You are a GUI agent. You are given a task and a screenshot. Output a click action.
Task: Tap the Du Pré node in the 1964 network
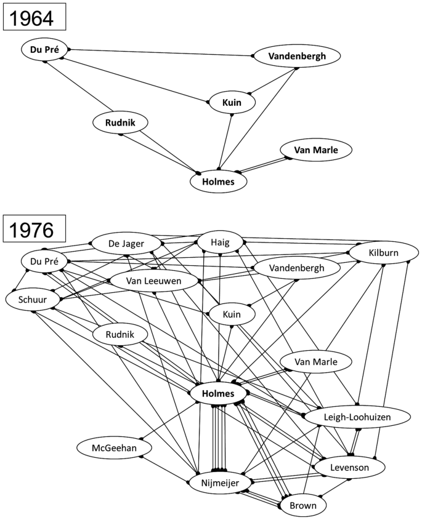pyautogui.click(x=44, y=50)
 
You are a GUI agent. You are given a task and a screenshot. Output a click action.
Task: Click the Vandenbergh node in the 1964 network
pyautogui.click(x=297, y=57)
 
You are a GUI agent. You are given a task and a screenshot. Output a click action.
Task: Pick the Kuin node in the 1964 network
pyautogui.click(x=231, y=102)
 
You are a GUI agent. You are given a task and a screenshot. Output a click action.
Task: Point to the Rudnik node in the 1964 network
pyautogui.click(x=121, y=123)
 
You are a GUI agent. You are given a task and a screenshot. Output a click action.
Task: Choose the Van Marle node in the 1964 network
pyautogui.click(x=317, y=150)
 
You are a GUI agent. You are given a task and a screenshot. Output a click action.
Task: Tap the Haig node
pyautogui.click(x=220, y=242)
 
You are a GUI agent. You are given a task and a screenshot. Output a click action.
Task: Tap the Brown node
pyautogui.click(x=303, y=505)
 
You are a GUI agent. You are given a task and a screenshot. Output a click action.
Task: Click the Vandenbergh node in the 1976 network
pyautogui.click(x=297, y=268)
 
